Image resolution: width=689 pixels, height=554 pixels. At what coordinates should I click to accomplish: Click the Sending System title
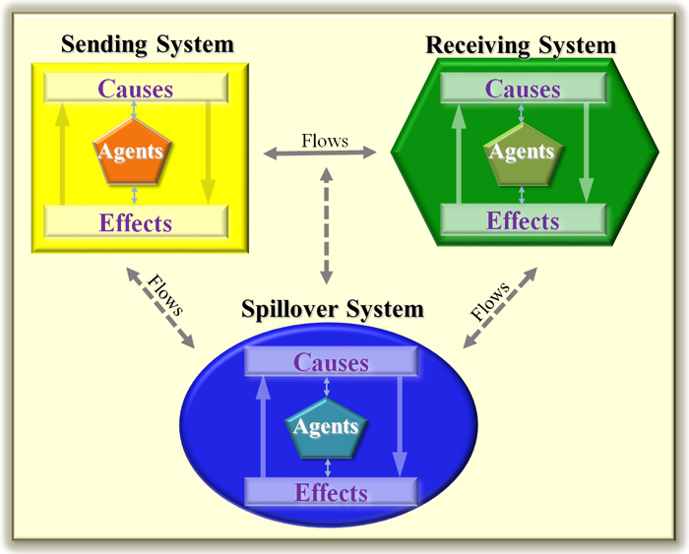(148, 45)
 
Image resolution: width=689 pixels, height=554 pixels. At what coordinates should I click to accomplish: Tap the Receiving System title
(521, 45)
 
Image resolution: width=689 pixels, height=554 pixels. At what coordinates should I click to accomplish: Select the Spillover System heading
(333, 309)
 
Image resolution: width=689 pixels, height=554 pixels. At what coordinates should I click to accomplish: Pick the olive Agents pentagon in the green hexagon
(523, 154)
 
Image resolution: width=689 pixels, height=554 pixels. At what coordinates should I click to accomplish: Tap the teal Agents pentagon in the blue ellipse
(326, 428)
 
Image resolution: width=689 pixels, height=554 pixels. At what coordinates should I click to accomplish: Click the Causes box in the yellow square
(136, 88)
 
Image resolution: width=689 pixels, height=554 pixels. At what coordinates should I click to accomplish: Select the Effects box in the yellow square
(136, 221)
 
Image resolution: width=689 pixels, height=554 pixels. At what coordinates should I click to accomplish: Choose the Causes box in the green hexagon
(524, 89)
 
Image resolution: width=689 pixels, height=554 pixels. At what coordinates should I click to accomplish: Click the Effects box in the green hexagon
(524, 220)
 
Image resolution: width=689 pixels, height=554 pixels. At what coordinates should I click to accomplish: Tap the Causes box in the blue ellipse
(331, 361)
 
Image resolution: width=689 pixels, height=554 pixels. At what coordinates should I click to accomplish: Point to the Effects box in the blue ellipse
(331, 492)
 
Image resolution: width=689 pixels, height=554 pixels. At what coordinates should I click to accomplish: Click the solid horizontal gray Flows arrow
(320, 154)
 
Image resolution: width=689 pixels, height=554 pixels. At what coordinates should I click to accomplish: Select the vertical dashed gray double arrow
(326, 225)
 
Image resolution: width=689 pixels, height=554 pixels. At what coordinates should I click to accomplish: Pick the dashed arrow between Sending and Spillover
(160, 308)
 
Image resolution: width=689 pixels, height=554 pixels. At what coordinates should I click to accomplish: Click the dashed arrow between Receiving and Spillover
(500, 308)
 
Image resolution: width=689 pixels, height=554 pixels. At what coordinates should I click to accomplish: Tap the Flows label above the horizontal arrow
(325, 141)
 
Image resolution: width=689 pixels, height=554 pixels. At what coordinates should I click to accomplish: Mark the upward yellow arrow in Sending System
(62, 154)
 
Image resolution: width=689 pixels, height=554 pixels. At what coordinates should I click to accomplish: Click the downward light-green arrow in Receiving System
(587, 154)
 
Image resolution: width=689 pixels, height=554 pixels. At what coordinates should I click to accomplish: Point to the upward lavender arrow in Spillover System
(263, 427)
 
